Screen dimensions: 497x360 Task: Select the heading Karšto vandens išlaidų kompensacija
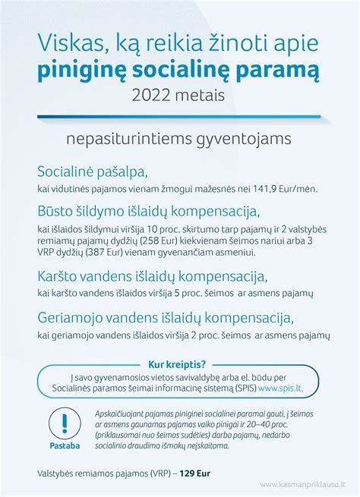pyautogui.click(x=152, y=275)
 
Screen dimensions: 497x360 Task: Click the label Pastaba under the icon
pyautogui.click(x=64, y=445)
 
